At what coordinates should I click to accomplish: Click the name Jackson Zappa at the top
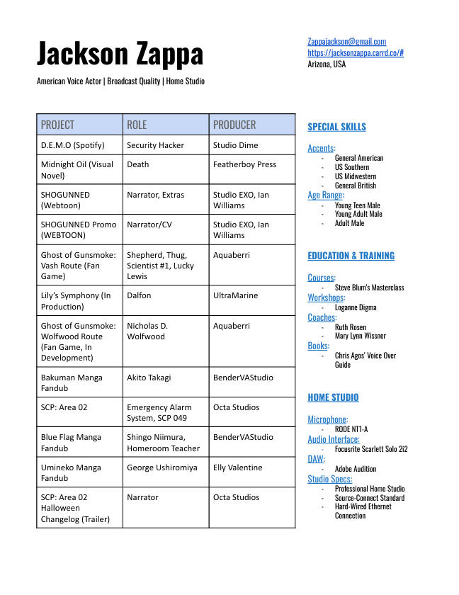coord(120,54)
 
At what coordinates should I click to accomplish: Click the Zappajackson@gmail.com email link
coord(346,42)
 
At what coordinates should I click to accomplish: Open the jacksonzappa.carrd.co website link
coord(355,52)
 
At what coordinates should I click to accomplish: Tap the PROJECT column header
coord(57,125)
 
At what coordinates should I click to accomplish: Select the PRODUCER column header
coord(234,125)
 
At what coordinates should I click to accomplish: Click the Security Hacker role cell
coord(155,145)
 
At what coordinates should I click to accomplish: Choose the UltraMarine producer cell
coord(235,295)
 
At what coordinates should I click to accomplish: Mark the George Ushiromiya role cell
coord(161,467)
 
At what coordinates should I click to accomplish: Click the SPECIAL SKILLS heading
coord(336,127)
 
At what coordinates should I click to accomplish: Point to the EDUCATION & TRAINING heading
coord(351,256)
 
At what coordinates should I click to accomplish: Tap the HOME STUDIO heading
coord(333,397)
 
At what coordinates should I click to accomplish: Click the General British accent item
coord(356,186)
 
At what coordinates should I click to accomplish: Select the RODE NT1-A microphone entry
coord(351,429)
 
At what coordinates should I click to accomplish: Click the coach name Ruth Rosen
coord(351,327)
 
